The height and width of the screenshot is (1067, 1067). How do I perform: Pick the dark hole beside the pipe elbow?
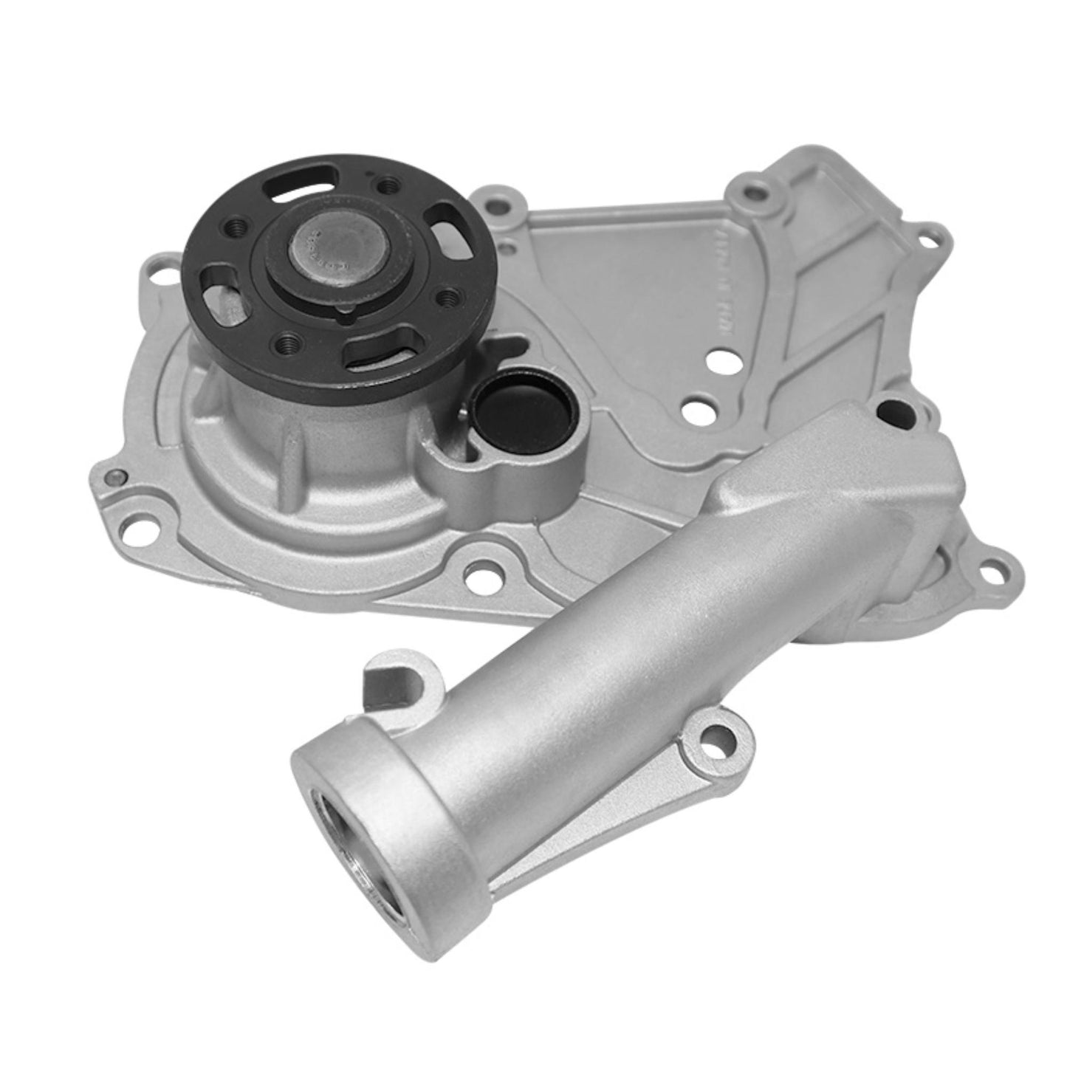click(x=891, y=411)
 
